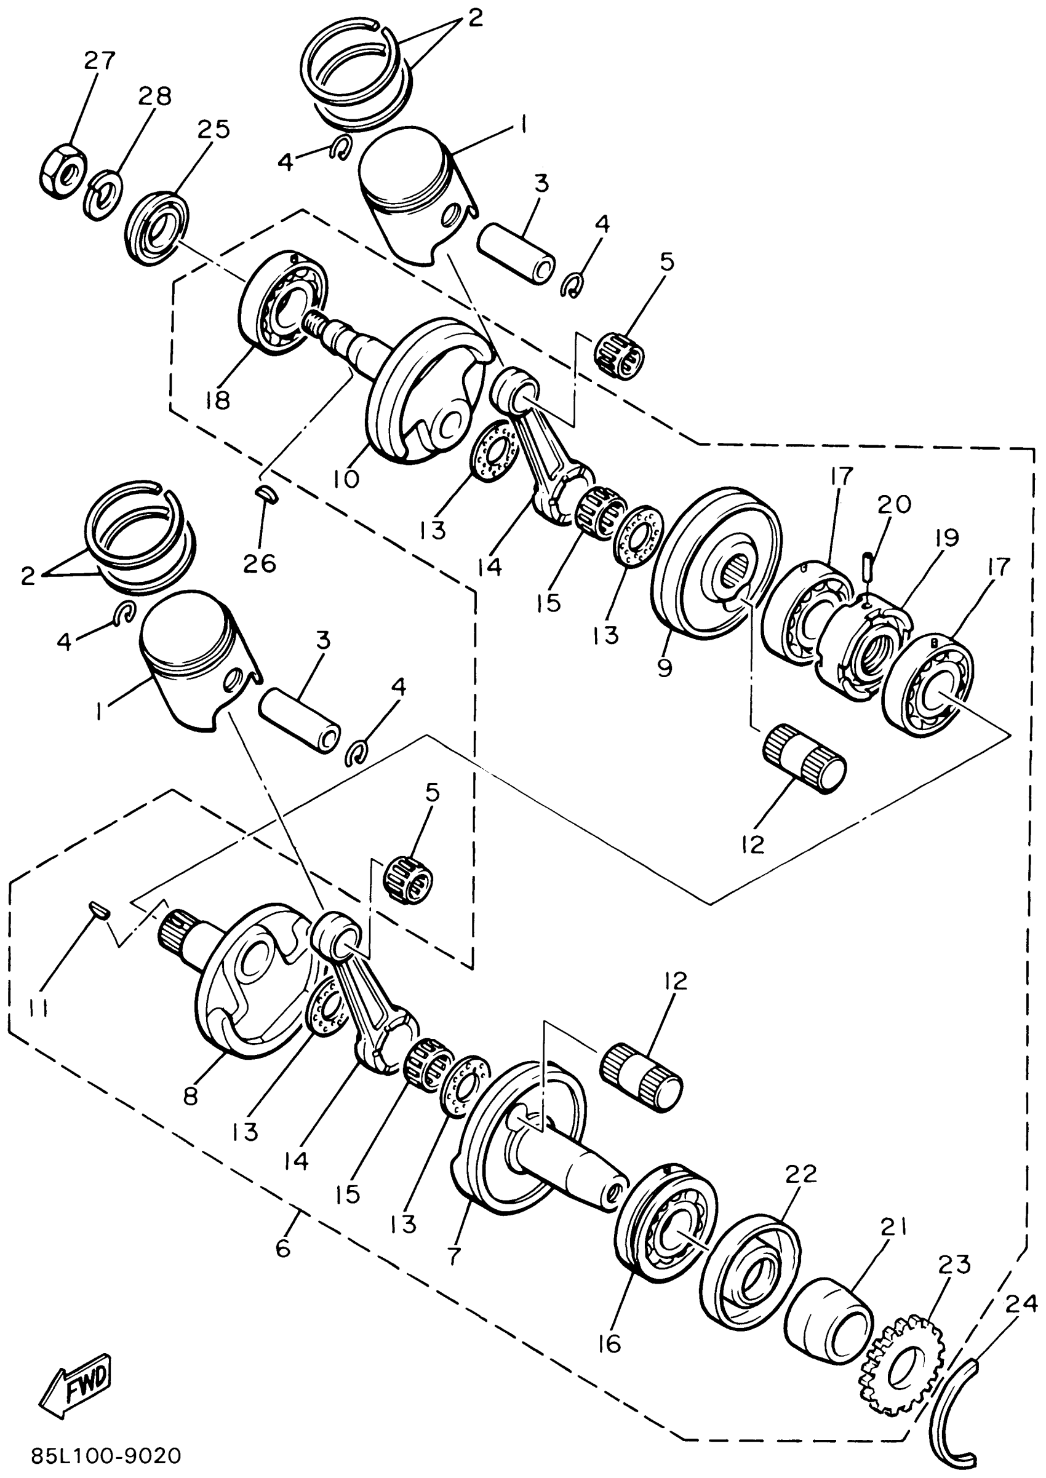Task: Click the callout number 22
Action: click(800, 1173)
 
